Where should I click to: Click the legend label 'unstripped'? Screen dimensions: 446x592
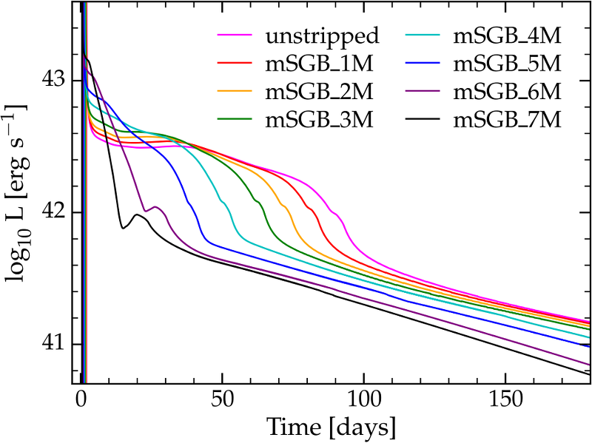[322, 35]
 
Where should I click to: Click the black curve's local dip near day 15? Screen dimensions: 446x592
[123, 229]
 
